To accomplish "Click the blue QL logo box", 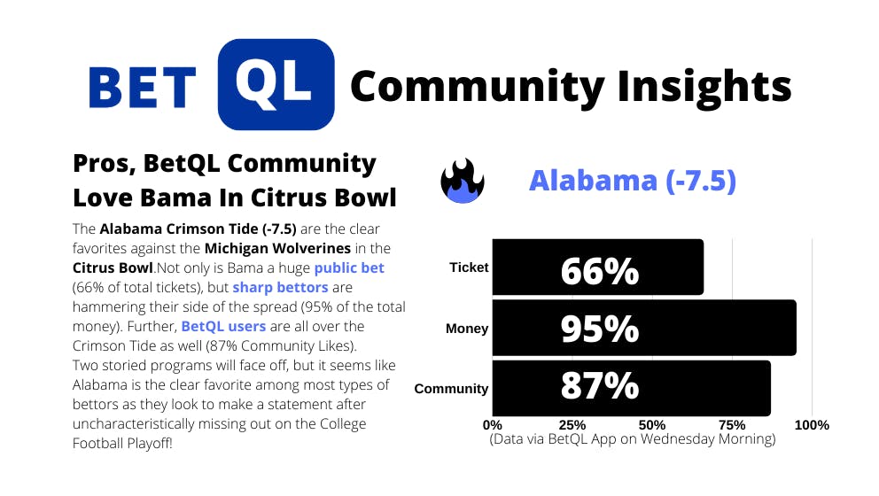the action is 276,85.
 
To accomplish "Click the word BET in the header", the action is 143,88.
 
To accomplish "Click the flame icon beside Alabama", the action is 463,181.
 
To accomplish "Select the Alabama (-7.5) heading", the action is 633,181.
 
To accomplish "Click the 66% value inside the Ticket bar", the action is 599,271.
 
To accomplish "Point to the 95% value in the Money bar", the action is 599,329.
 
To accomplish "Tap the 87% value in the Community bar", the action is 599,385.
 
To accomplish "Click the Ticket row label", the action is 469,267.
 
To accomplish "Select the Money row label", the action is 467,329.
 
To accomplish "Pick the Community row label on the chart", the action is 451,389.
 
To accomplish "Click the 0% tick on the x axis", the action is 492,425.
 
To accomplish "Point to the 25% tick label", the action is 572,425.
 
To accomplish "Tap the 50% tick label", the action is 652,425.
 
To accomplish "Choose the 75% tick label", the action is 732,425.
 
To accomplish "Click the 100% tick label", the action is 812,425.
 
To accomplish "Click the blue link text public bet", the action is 349,267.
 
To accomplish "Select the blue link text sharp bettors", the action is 280,288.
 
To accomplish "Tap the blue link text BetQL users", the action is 223,326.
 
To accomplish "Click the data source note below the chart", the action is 633,438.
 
